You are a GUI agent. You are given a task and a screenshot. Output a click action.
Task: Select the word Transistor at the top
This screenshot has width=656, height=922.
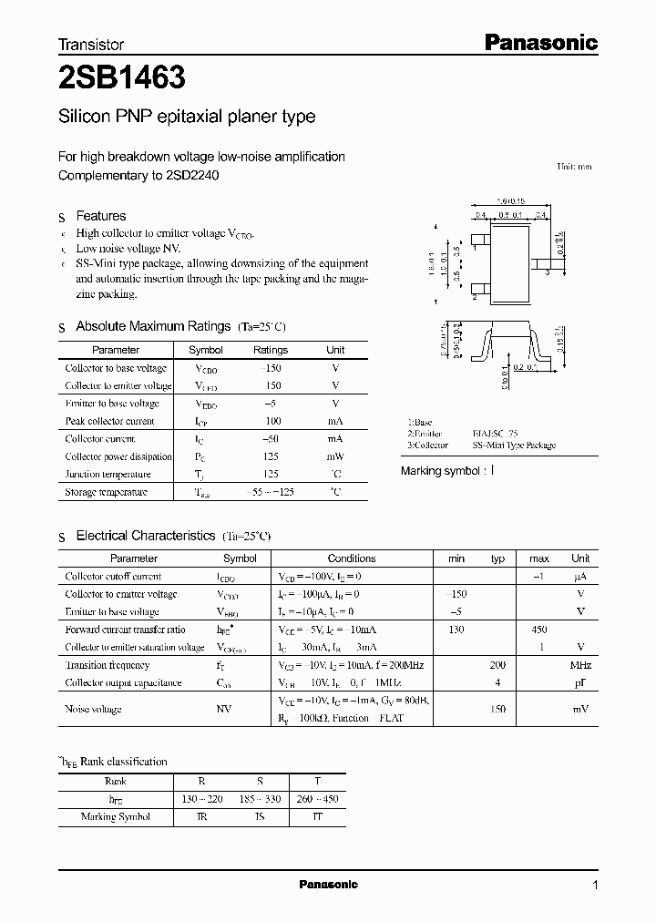click(90, 44)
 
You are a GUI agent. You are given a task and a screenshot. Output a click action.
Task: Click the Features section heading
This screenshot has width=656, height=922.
click(100, 216)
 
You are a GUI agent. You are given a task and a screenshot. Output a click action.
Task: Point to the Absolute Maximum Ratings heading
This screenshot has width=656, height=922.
click(152, 326)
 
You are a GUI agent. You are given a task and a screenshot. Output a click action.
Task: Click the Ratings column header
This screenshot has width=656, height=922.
click(270, 350)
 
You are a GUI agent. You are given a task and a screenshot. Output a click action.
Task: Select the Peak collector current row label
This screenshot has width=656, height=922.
click(109, 421)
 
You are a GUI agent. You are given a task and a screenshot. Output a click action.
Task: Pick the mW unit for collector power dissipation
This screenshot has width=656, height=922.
click(335, 456)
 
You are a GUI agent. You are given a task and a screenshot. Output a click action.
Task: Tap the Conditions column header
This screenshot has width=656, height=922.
click(351, 558)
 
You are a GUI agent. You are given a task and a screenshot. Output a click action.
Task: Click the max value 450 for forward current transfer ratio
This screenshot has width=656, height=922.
click(538, 630)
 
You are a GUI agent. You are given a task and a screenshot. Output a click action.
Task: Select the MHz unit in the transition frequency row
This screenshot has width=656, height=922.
click(580, 665)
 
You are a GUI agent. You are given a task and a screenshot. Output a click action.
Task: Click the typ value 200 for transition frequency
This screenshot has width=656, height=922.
click(497, 665)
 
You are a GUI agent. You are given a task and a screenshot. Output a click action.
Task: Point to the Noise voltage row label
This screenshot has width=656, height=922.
click(93, 709)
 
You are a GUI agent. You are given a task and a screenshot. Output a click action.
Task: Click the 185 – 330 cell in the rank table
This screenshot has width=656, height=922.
click(260, 799)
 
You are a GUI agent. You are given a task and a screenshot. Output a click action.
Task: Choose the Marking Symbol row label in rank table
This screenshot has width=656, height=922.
click(115, 816)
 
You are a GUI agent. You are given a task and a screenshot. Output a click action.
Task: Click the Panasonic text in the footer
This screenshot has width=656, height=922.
click(328, 885)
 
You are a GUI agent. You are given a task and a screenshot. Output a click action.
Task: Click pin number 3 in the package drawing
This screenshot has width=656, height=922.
click(547, 271)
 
